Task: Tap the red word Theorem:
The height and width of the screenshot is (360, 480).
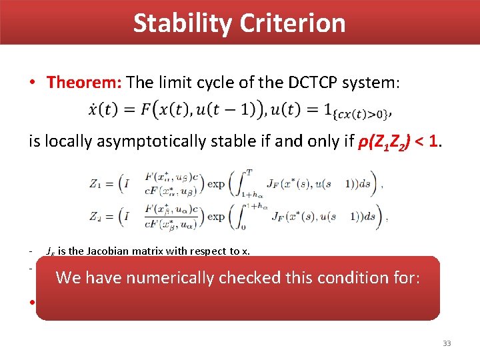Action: (84, 83)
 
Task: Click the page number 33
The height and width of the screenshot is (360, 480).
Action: (447, 343)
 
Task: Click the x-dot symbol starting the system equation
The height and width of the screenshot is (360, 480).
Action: (93, 109)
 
